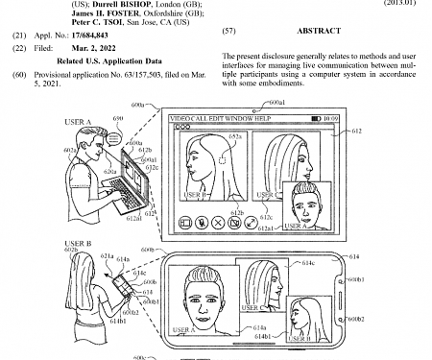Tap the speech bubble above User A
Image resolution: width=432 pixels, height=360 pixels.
tap(114, 140)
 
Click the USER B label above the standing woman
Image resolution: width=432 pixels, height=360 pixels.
tap(78, 244)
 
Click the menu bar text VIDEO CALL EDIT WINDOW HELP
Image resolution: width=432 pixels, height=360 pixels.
tap(218, 119)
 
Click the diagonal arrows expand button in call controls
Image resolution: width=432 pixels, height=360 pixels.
tap(252, 222)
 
